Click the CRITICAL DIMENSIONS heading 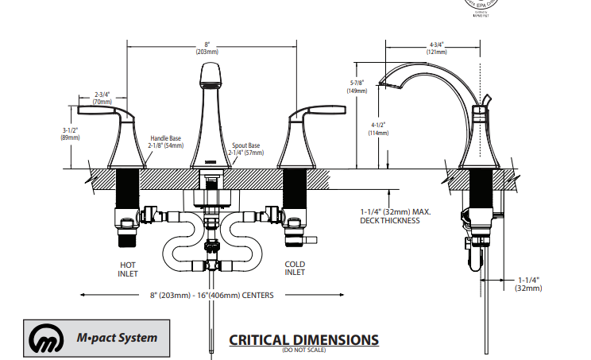[303, 339]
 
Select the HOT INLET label [128, 269]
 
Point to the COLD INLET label [294, 269]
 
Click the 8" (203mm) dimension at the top [207, 48]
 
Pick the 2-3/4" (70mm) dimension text [102, 98]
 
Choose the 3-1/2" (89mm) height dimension [71, 134]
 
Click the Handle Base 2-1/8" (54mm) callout [165, 141]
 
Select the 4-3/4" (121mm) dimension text [438, 48]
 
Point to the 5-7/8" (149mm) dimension [356, 87]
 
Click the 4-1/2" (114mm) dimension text [378, 129]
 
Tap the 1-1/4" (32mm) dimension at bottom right [528, 284]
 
